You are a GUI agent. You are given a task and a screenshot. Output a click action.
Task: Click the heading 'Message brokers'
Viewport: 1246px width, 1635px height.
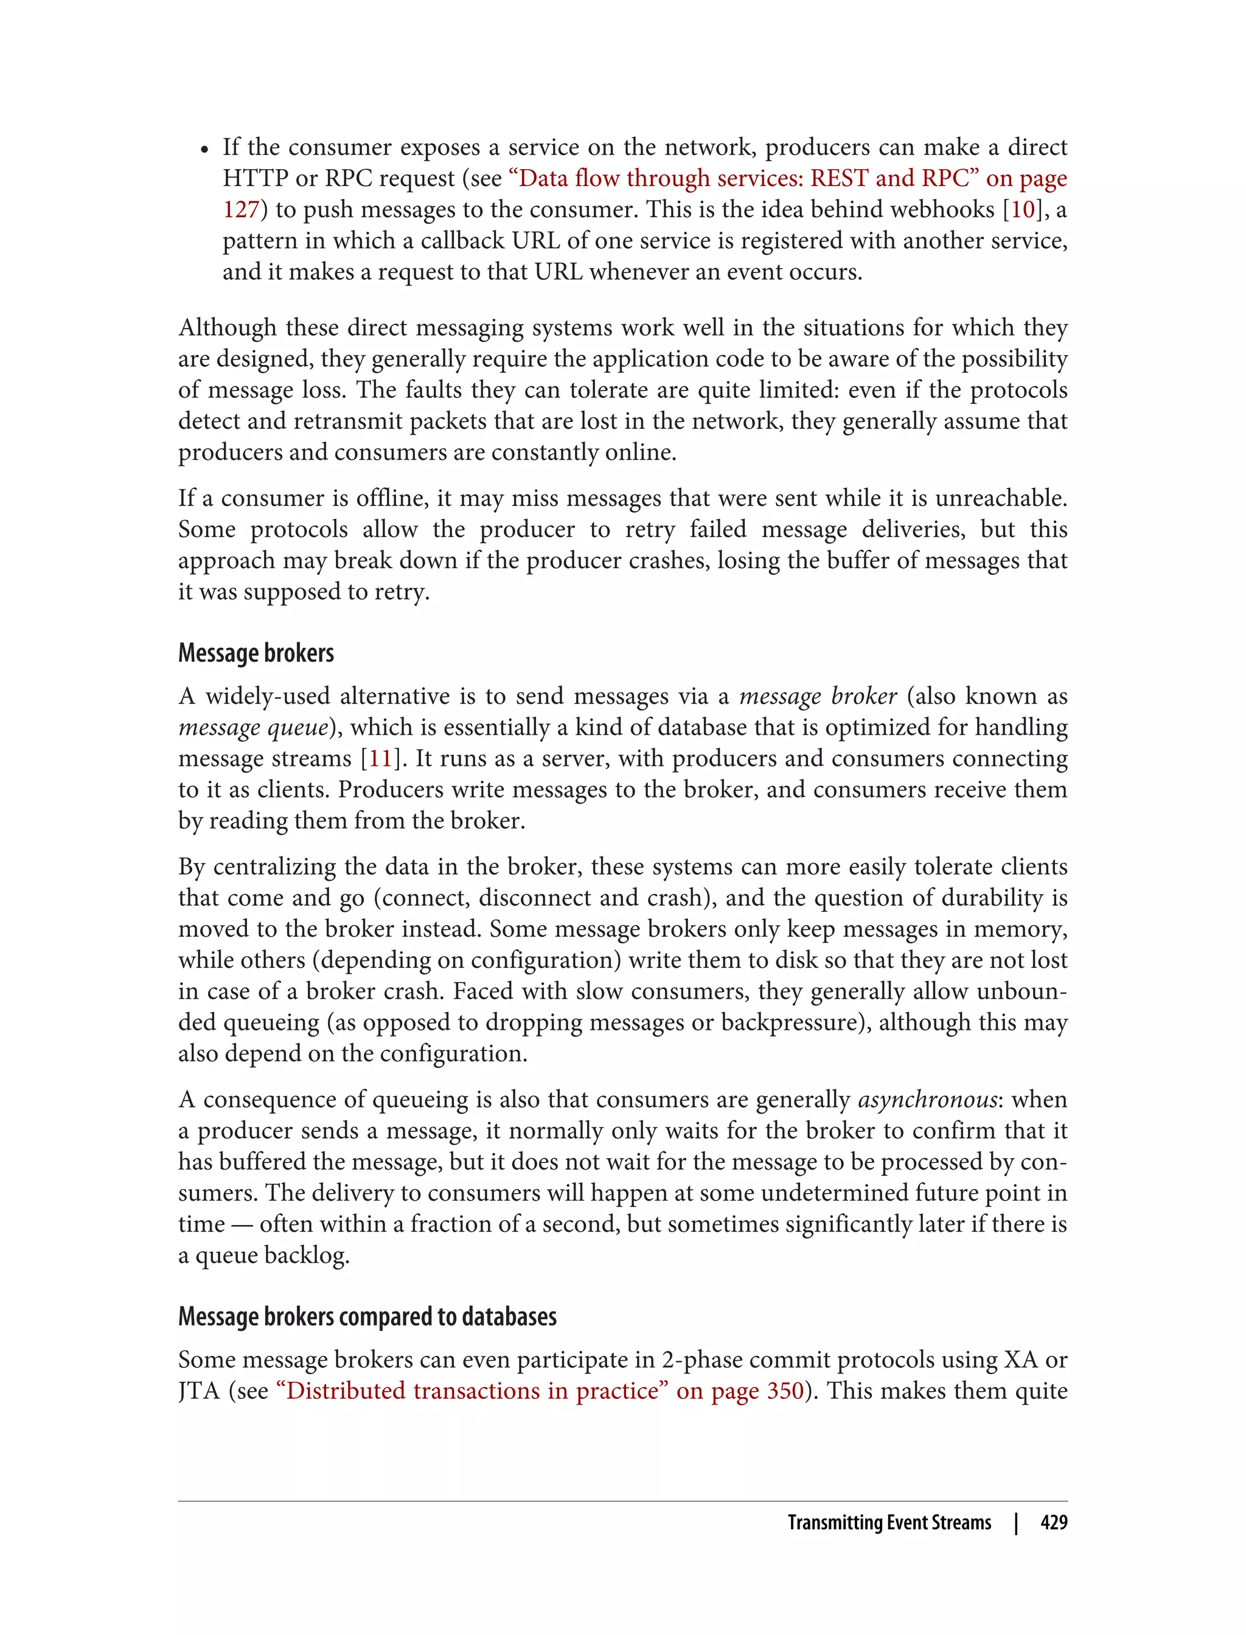[x=256, y=653]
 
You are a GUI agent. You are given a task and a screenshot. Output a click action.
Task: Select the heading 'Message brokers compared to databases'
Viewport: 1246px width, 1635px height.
[x=367, y=1316]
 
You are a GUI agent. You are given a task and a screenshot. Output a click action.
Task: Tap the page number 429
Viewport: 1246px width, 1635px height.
[x=1053, y=1522]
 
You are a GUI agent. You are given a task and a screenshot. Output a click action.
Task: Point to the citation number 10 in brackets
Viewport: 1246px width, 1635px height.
[x=1023, y=210]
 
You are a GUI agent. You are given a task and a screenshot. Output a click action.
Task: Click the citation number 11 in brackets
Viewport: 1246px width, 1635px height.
[x=380, y=758]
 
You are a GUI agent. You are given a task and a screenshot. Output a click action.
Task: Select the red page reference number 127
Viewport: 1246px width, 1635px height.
[x=240, y=210]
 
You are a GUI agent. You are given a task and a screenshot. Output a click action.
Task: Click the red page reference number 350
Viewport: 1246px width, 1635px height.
[x=785, y=1390]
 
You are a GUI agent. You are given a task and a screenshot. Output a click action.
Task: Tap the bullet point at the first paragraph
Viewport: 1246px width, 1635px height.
[x=204, y=149]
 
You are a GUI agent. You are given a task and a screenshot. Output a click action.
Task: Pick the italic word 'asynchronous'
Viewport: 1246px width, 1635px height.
[x=927, y=1100]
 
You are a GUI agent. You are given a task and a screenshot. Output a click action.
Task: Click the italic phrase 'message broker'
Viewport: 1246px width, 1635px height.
[x=818, y=696]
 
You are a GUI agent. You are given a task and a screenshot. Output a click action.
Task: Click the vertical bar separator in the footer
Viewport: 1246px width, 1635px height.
[x=1016, y=1522]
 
